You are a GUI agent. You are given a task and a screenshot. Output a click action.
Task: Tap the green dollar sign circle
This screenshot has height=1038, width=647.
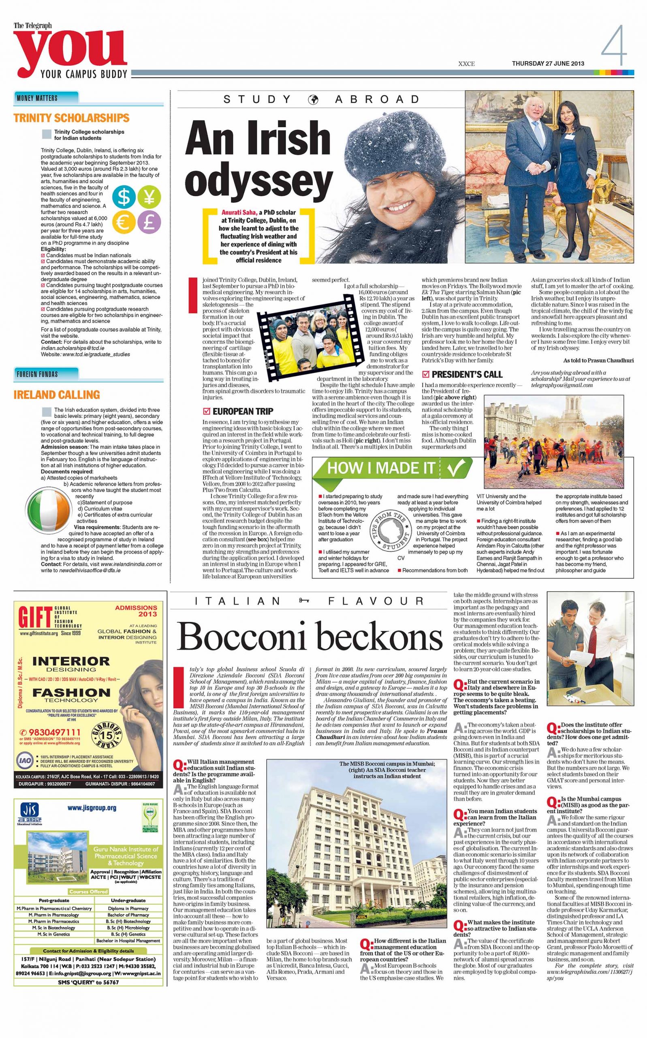(x=124, y=198)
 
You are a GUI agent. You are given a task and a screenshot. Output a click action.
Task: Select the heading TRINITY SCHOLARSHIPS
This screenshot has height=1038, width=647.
(x=71, y=118)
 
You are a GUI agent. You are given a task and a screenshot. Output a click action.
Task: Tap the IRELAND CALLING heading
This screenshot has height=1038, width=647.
(x=56, y=395)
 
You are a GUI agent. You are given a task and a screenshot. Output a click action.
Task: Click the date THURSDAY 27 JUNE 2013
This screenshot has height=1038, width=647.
(x=548, y=64)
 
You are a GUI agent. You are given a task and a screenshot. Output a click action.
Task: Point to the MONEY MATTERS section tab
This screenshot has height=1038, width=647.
(x=37, y=98)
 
